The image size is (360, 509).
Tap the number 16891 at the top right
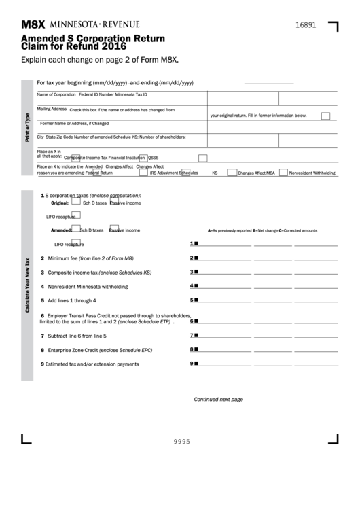coord(306,24)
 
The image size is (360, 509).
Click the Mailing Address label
coord(52,109)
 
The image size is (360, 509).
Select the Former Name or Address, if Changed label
coord(74,123)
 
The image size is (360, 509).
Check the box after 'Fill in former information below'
coord(325,116)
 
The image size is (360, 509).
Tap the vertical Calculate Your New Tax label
coord(27,285)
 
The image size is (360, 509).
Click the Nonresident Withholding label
coord(312,173)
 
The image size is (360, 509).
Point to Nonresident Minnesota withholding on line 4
coord(88,286)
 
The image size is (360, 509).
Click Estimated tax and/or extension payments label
coord(92,364)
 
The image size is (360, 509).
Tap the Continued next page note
coord(218,400)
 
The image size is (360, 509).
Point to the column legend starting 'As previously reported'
coord(262,231)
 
